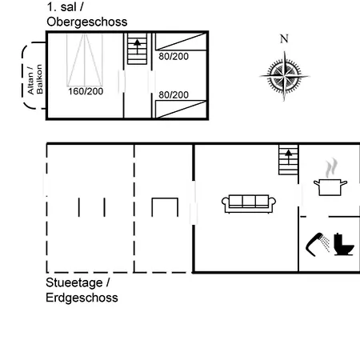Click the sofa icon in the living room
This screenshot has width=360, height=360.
point(249,204)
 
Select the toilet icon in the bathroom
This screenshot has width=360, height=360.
point(344,244)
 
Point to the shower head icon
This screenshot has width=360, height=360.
point(318,244)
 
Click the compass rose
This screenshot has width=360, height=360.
point(284,76)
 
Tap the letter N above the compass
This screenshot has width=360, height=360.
point(284,39)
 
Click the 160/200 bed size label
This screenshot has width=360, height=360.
point(86,91)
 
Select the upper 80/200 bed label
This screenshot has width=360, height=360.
point(174,57)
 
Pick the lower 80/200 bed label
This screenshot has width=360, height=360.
point(174,95)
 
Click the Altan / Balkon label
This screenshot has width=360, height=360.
point(35,79)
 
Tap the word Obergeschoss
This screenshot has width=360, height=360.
point(87,22)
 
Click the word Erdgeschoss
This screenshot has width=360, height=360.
point(82,298)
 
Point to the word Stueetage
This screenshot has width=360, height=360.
point(74,282)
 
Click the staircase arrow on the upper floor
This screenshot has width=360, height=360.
point(137,46)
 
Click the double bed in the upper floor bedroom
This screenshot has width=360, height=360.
point(85,59)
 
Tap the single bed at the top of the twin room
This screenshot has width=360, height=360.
point(181,42)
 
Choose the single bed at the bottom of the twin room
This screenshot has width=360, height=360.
point(181,109)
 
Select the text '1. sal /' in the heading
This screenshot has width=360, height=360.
point(65,7)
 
